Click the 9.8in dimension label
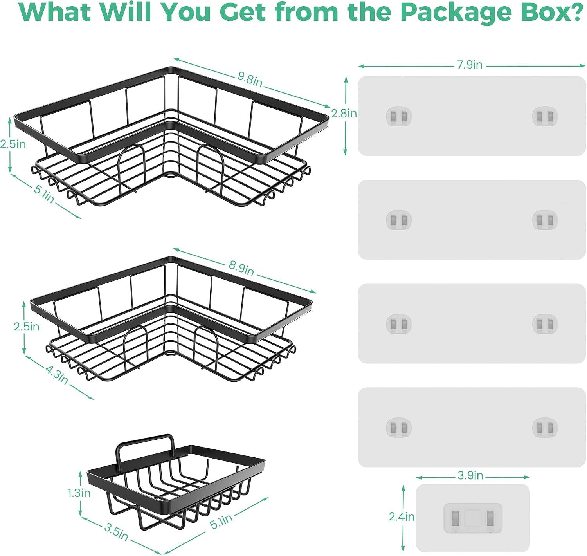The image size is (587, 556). pos(250,79)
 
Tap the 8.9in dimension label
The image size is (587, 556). pos(241,268)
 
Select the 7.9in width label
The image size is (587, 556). pos(470,65)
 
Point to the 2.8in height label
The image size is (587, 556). pos(344,113)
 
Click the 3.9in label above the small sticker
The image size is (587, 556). pos(470,475)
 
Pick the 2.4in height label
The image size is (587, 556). pos(402,516)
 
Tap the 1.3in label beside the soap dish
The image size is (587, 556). pos(79,493)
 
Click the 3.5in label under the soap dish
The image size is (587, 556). pos(116,531)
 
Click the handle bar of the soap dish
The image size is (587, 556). pos(145,444)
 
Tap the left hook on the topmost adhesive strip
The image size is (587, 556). pos(399,116)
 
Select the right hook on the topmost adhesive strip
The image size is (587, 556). pos(545,116)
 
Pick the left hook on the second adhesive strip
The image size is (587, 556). pos(399,220)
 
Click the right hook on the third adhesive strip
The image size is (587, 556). pos(545,324)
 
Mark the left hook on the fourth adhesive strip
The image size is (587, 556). pos(399,428)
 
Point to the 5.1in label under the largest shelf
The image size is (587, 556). pos(44,194)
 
